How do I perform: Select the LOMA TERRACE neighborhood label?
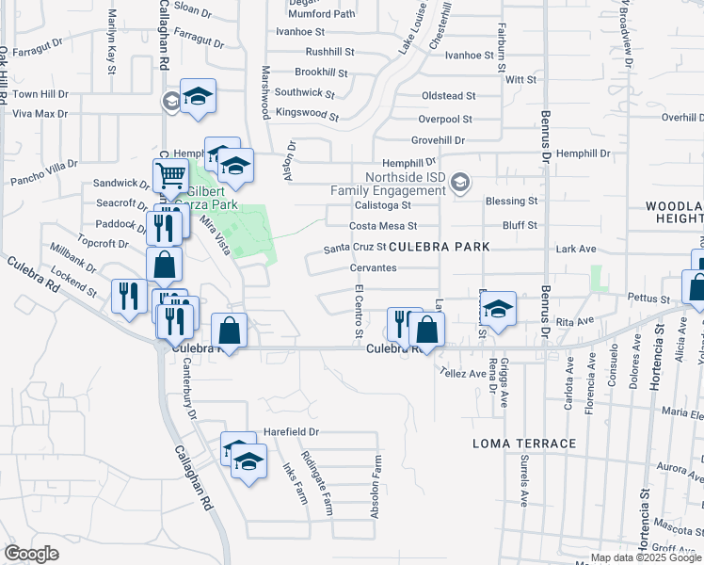click(x=524, y=443)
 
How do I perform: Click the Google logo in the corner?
click(x=32, y=553)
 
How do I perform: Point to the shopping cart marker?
click(x=170, y=175)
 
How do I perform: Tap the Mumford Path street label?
click(x=322, y=14)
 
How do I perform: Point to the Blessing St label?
click(x=511, y=201)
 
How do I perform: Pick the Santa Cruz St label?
click(x=355, y=248)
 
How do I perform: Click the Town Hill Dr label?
click(x=40, y=94)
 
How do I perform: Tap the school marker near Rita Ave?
click(x=498, y=308)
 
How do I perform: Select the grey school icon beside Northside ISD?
click(x=459, y=183)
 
